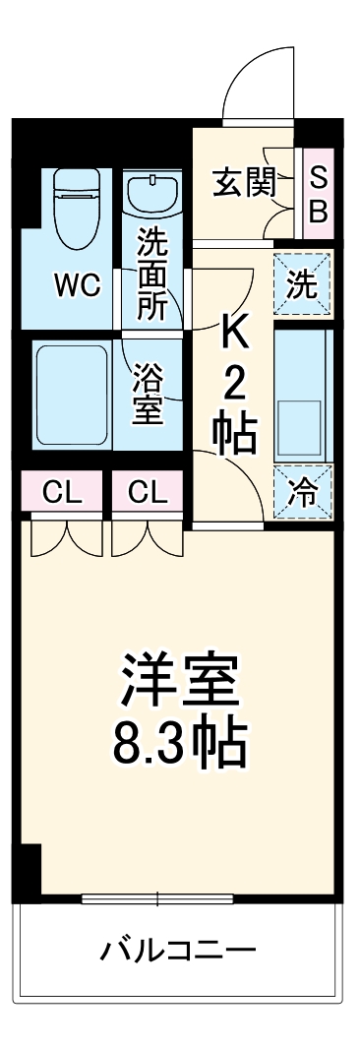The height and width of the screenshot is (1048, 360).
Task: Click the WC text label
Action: point(77,286)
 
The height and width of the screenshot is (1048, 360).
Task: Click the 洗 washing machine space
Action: point(303,284)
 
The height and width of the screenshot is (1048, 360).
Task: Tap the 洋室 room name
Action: point(180,679)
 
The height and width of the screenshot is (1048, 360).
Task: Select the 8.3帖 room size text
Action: point(180,745)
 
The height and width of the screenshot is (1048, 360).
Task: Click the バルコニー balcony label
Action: point(179,952)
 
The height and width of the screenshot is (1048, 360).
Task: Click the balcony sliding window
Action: point(157,897)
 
